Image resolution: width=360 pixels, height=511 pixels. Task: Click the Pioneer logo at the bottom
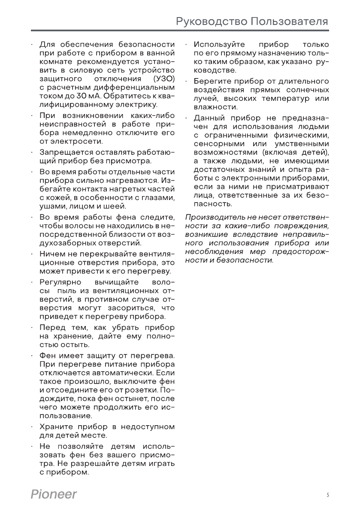point(54,494)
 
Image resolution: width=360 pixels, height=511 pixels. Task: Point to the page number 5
point(327,495)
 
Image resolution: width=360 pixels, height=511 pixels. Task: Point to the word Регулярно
point(57,282)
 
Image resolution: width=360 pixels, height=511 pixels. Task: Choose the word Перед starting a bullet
point(51,327)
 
